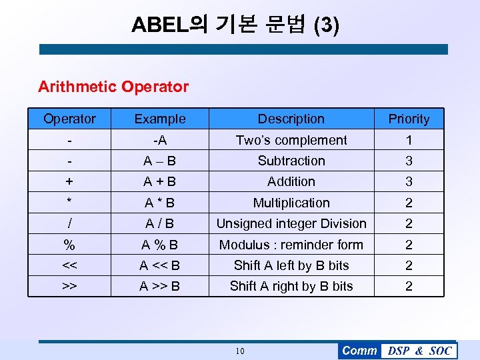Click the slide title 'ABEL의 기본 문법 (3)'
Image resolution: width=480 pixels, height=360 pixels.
(x=235, y=25)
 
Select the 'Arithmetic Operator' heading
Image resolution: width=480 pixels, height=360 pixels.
(x=113, y=87)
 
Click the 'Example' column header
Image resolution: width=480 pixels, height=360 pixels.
(x=160, y=119)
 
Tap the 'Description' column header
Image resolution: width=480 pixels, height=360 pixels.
(x=291, y=119)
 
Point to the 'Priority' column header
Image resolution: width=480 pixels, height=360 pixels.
(x=409, y=119)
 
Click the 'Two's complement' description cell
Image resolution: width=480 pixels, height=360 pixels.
(x=291, y=140)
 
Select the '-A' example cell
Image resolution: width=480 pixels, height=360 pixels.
(x=160, y=140)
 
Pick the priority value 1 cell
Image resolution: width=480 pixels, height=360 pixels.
(x=409, y=140)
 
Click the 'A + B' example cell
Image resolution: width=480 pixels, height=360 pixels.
(x=160, y=181)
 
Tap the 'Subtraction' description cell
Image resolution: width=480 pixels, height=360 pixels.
(x=291, y=161)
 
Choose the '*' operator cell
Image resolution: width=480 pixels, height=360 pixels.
(x=69, y=203)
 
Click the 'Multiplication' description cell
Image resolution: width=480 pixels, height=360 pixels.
(x=291, y=203)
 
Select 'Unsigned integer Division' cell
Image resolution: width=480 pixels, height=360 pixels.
(x=291, y=223)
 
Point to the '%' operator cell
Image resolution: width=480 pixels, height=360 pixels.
(x=69, y=245)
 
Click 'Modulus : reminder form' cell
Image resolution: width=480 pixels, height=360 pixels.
(x=291, y=245)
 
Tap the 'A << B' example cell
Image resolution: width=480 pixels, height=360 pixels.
(x=160, y=265)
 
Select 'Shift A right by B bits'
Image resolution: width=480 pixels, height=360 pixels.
(x=291, y=286)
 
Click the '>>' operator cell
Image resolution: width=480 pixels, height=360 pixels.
(x=69, y=286)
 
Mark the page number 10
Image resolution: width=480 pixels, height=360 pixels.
(x=240, y=351)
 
